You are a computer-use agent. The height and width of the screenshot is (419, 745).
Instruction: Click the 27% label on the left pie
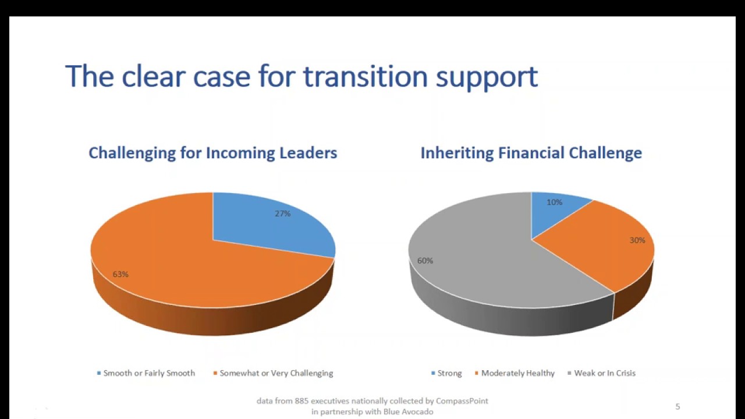pyautogui.click(x=282, y=214)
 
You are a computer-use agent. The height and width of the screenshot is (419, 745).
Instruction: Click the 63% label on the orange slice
pyautogui.click(x=120, y=274)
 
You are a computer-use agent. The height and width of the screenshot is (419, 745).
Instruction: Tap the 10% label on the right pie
pyautogui.click(x=554, y=203)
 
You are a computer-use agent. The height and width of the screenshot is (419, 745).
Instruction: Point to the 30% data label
pyautogui.click(x=637, y=240)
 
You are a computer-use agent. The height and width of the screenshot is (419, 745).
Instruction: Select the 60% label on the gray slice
pyautogui.click(x=425, y=261)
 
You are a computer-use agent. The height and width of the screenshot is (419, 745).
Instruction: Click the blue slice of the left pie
pyautogui.click(x=268, y=227)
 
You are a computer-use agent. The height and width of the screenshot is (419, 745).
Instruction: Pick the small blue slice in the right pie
pyautogui.click(x=556, y=212)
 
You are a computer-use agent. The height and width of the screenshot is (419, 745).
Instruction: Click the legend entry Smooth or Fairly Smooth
pyautogui.click(x=148, y=373)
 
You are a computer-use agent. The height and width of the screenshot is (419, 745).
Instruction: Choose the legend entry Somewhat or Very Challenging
pyautogui.click(x=276, y=373)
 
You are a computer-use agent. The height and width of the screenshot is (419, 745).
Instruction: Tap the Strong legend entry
pyautogui.click(x=449, y=373)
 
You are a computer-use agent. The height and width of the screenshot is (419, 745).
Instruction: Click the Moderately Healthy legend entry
pyautogui.click(x=517, y=373)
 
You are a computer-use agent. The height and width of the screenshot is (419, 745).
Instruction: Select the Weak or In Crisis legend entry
pyautogui.click(x=604, y=373)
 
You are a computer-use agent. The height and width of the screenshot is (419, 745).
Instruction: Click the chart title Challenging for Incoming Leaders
pyautogui.click(x=212, y=153)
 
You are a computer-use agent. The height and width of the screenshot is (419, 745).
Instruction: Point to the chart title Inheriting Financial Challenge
pyautogui.click(x=531, y=153)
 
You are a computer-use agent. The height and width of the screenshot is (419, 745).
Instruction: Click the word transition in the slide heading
pyautogui.click(x=366, y=77)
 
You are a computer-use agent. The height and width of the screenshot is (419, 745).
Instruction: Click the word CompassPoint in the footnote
pyautogui.click(x=462, y=401)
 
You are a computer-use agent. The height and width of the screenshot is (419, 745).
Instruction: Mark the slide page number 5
pyautogui.click(x=677, y=407)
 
